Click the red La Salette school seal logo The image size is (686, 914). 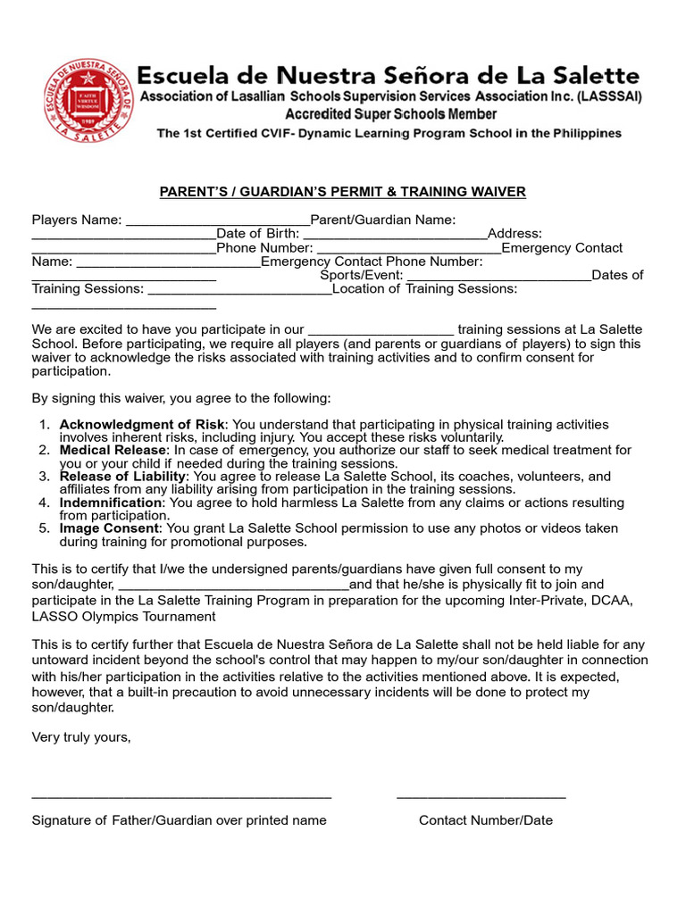coord(88,98)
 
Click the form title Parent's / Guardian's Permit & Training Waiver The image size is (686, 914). coord(342,192)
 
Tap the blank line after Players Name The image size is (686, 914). coord(217,223)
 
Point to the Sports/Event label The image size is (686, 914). coord(361,276)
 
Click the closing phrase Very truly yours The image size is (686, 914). coord(81,737)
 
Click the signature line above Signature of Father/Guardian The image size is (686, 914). coord(181,796)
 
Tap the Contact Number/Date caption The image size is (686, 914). coord(485,820)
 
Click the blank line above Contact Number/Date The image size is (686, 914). coord(481,796)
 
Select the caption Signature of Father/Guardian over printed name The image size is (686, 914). coord(180,820)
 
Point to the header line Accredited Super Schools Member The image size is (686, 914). coord(390,114)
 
